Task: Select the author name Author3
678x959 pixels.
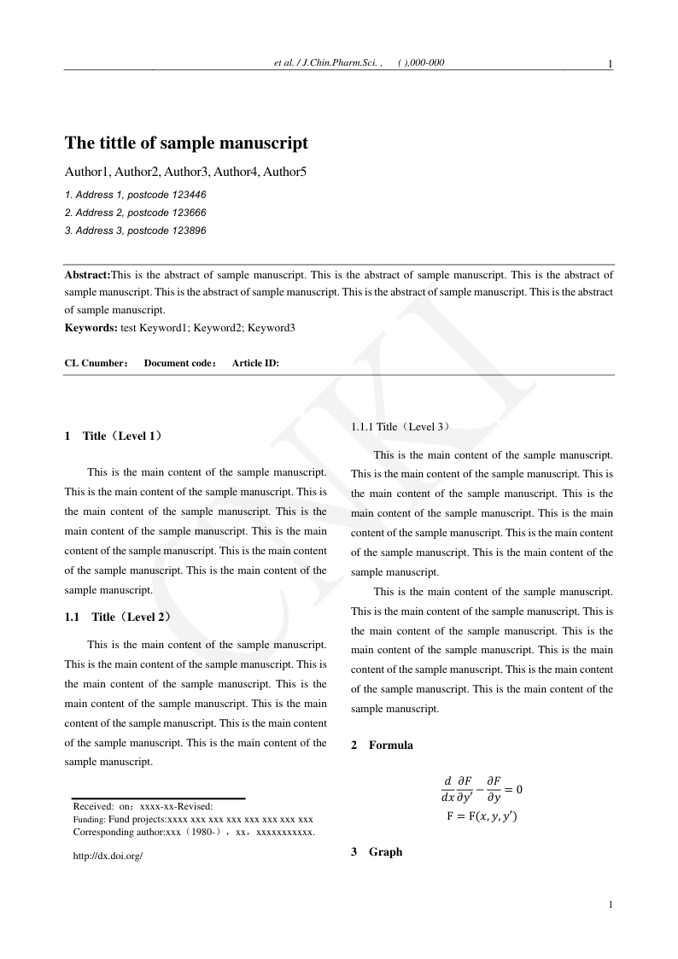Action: tap(188, 172)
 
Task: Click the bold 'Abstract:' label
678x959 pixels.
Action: tap(88, 275)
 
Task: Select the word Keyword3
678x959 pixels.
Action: tap(272, 327)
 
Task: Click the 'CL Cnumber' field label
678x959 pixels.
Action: tap(94, 363)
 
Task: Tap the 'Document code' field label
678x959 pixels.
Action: tap(178, 363)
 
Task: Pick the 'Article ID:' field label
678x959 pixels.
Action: tap(255, 363)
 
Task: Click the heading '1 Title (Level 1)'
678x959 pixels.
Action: tap(114, 436)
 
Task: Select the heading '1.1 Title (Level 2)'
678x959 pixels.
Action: tap(118, 617)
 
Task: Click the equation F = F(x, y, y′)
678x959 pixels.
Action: tap(482, 816)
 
